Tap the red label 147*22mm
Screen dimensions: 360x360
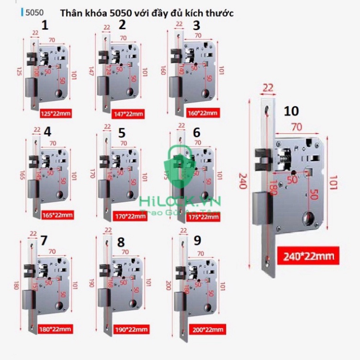coord(128,114)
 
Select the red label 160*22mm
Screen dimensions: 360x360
coord(202,113)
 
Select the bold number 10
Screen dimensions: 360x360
coord(291,112)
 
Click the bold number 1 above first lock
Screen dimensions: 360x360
coord(45,26)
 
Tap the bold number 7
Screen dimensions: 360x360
coord(44,240)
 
